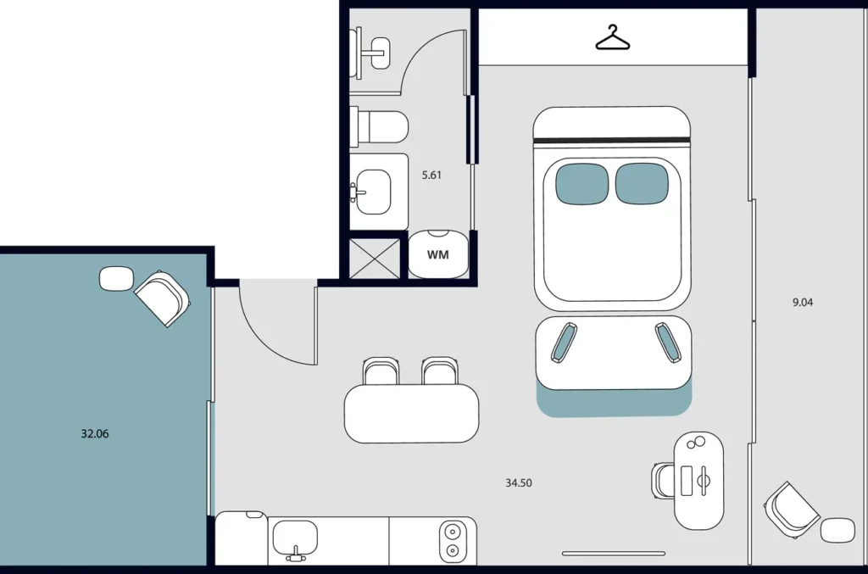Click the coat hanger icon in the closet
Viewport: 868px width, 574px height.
(x=612, y=37)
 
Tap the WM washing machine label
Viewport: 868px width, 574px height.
(x=438, y=254)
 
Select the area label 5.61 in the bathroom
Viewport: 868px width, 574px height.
(x=431, y=175)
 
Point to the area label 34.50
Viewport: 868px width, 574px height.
(x=519, y=482)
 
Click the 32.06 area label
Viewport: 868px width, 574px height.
(x=95, y=433)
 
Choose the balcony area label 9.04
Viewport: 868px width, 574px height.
(x=803, y=302)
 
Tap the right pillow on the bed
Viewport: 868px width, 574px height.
(x=643, y=183)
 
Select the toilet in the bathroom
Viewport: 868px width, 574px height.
(x=380, y=127)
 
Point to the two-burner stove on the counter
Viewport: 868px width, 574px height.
(x=453, y=541)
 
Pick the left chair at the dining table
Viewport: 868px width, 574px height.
(x=381, y=371)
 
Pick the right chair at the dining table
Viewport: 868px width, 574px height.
(x=440, y=371)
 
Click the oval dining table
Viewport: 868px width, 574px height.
(x=411, y=414)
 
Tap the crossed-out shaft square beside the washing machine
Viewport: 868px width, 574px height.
(x=375, y=259)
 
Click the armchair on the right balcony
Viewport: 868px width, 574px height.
(x=791, y=510)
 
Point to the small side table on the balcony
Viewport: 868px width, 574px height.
(x=837, y=530)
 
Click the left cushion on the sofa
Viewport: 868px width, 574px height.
(x=564, y=343)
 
